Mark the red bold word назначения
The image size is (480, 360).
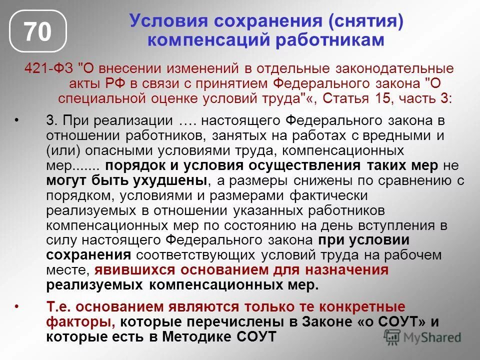(351, 270)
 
